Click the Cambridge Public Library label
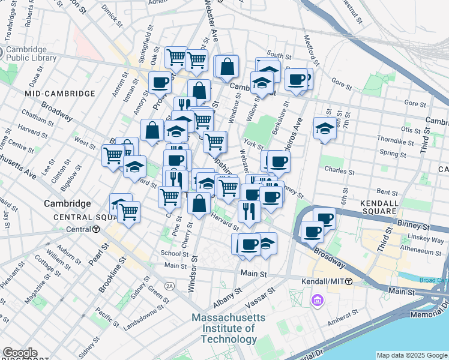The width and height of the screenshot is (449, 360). tap(31, 53)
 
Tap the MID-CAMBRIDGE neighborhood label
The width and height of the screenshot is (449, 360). tap(60, 94)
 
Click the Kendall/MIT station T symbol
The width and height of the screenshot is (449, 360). tap(349, 281)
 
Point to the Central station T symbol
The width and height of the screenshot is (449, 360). tap(95, 229)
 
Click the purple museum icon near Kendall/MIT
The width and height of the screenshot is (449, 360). tap(316, 299)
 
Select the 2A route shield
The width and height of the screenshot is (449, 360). tap(170, 286)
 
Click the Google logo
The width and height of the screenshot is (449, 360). tap(19, 353)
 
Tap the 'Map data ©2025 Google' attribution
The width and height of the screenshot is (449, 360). tap(412, 355)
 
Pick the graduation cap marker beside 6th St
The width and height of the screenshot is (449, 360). tap(324, 128)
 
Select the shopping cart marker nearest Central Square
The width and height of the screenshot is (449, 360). tap(128, 211)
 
